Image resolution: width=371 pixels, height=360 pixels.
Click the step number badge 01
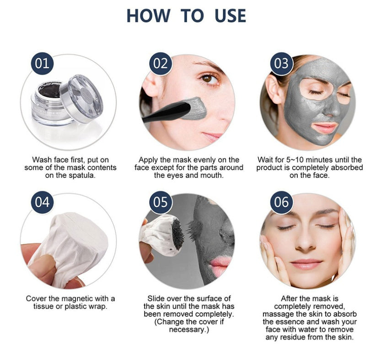click(42, 63)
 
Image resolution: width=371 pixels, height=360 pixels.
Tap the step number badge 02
click(161, 63)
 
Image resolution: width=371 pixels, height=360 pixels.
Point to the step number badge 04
click(42, 202)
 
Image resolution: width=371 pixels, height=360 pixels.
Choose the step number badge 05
click(161, 202)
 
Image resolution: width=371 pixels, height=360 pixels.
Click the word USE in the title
click(229, 15)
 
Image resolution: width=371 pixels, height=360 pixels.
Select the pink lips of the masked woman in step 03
click(325, 127)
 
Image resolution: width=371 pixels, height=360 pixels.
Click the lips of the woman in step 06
click(307, 264)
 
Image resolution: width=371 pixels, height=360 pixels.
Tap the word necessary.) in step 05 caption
click(188, 329)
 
